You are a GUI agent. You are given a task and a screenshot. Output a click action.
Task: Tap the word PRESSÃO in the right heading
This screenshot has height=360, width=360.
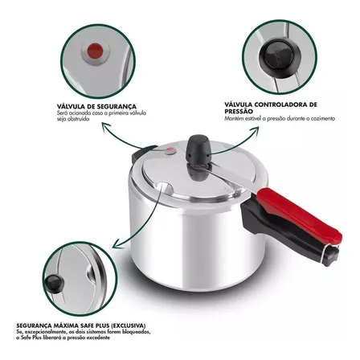pyautogui.click(x=239, y=112)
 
